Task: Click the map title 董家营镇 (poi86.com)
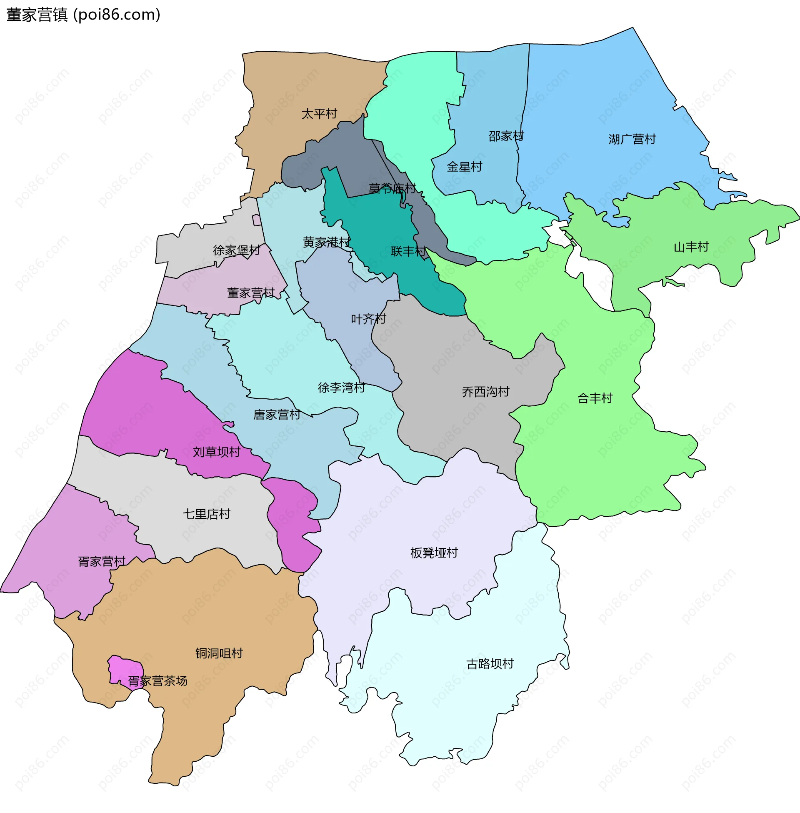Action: pos(83,15)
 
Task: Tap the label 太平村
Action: pos(319,114)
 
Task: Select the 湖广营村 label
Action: pos(632,139)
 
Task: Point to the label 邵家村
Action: pos(506,136)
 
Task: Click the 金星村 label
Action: pos(464,167)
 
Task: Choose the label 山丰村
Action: pos(691,247)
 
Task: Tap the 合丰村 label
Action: pos(595,398)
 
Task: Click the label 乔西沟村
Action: pos(485,392)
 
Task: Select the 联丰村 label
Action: pos(408,251)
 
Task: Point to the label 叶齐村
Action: pos(368,319)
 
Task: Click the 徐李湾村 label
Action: pos(341,387)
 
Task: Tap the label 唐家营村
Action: pos(277,415)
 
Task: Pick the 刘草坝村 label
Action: pos(216,452)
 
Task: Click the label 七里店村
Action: pos(206,513)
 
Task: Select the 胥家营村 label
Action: pos(102,561)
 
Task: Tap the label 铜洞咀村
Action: pos(218,653)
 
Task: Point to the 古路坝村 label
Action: pos(490,663)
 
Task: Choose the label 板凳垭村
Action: pos(434,553)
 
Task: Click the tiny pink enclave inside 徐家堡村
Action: pos(256,220)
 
